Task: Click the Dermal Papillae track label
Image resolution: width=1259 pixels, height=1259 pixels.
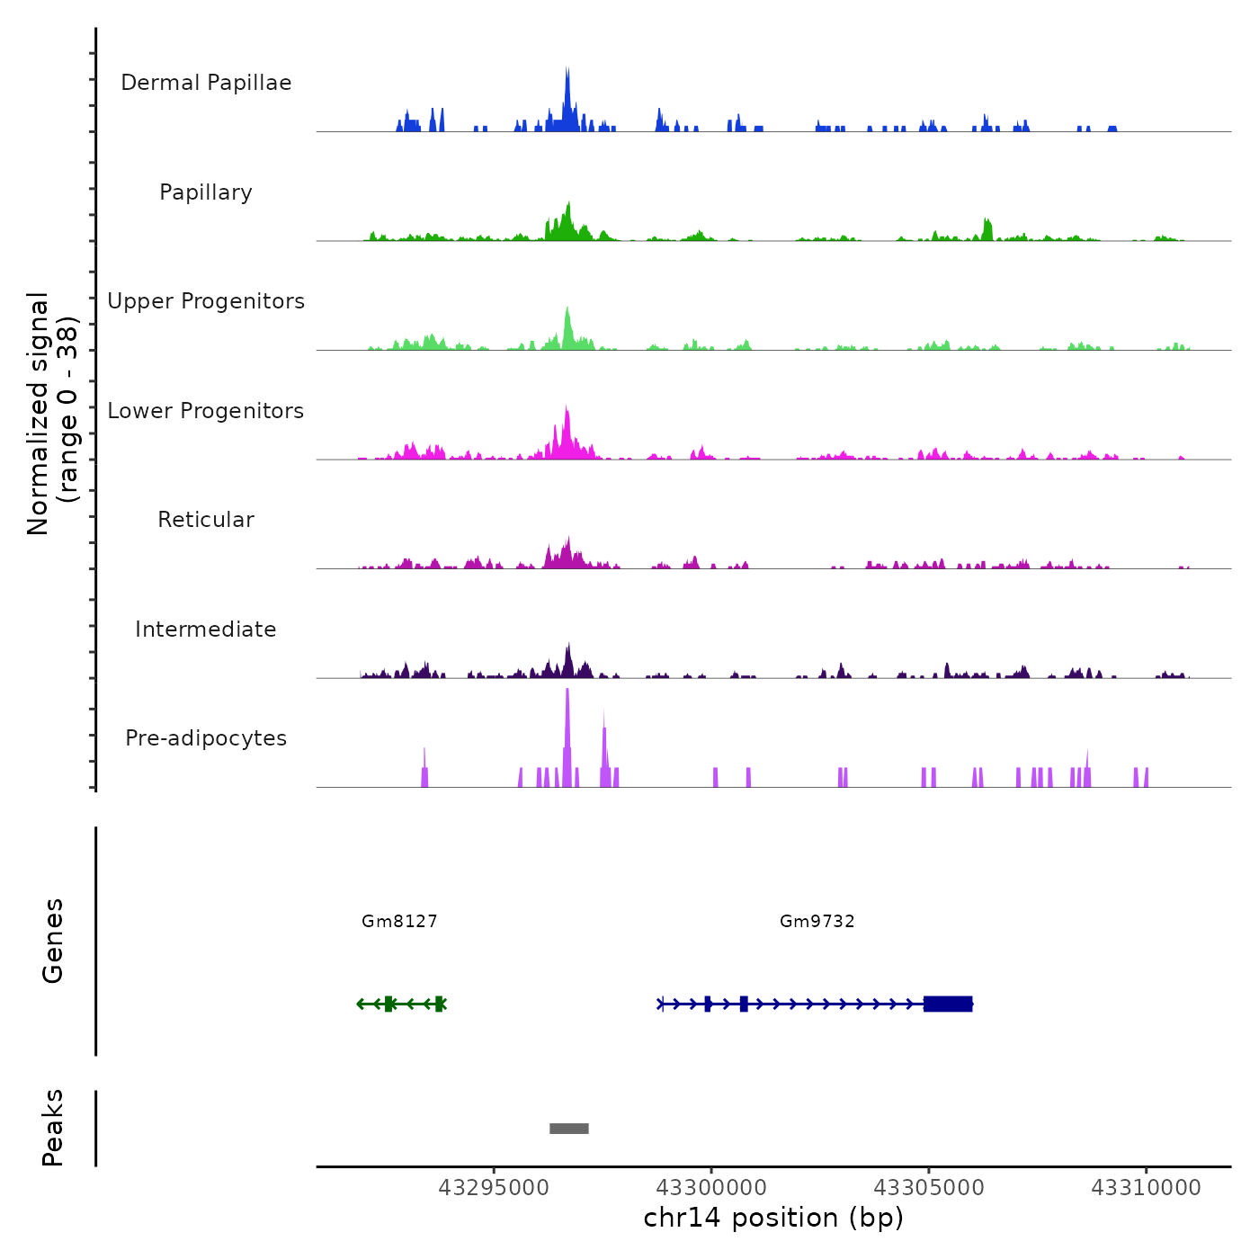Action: [x=206, y=83]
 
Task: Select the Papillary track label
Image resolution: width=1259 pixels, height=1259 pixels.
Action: [x=206, y=192]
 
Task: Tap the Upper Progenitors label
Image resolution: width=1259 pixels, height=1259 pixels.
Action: [x=206, y=301]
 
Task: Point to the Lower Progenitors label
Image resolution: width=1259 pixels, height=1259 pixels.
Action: [x=206, y=411]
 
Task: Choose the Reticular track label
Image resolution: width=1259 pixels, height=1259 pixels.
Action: [x=206, y=520]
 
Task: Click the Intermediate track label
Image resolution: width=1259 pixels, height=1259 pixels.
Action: [x=206, y=629]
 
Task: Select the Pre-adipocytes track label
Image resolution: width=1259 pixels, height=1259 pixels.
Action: [x=206, y=738]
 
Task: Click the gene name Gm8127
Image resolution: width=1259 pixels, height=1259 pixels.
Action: [x=399, y=921]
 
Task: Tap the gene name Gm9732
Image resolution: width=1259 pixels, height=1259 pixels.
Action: [x=817, y=921]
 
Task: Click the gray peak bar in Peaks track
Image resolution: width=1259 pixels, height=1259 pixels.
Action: [x=569, y=1129]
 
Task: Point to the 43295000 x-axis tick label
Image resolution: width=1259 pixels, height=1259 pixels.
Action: [x=494, y=1188]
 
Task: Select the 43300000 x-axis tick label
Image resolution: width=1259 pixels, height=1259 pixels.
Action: [x=711, y=1188]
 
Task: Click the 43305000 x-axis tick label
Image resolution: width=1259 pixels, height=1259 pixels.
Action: [x=929, y=1188]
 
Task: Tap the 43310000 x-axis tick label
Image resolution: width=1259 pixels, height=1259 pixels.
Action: [x=1146, y=1188]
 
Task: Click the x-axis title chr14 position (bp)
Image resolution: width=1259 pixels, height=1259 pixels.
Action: [x=773, y=1218]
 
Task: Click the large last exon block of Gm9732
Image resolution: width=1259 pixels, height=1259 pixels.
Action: [x=948, y=1004]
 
